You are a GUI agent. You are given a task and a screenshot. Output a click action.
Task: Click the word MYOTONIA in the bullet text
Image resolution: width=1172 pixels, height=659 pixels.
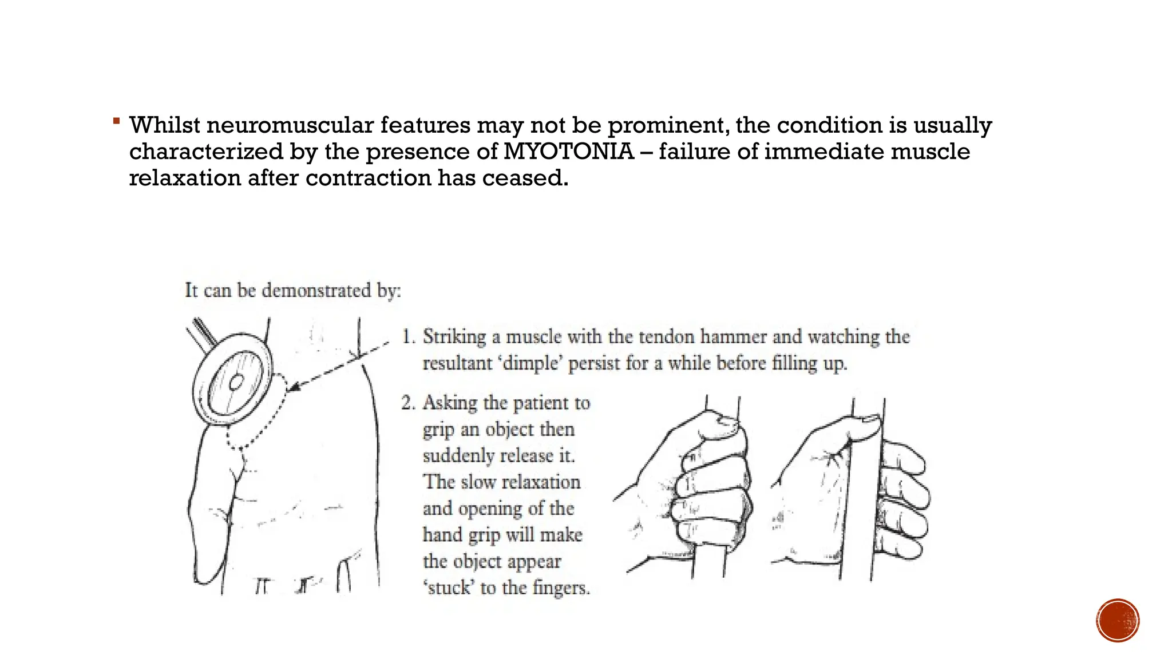click(568, 152)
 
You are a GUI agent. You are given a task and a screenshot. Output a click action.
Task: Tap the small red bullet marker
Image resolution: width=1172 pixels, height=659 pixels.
click(116, 121)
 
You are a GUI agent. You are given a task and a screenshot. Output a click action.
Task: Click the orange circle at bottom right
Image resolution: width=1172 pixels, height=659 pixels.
click(1118, 620)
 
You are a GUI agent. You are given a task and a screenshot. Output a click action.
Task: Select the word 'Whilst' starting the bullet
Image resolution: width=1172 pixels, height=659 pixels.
click(165, 125)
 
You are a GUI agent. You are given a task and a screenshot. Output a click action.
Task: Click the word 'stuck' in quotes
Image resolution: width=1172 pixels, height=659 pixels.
click(449, 587)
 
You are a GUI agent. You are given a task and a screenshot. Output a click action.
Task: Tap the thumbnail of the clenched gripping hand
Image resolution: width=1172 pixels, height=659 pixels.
click(728, 422)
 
